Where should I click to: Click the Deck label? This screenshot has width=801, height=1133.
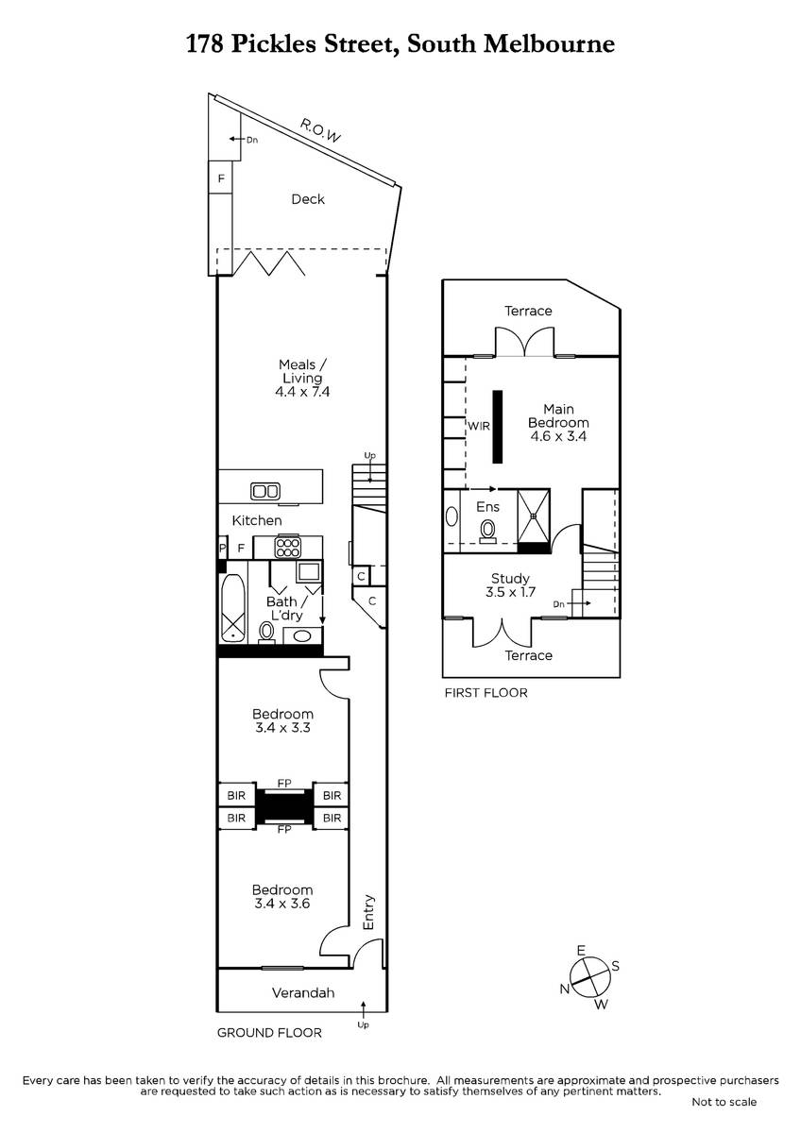tap(308, 199)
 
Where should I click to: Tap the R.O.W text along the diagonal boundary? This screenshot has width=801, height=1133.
tap(320, 131)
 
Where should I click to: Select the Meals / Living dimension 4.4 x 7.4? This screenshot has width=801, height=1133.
tap(302, 392)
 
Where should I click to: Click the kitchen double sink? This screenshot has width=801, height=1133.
tap(265, 491)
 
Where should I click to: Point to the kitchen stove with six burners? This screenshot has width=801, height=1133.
tap(287, 548)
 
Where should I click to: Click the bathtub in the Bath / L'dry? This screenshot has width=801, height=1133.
tap(232, 608)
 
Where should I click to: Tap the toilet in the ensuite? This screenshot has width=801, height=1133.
tap(488, 531)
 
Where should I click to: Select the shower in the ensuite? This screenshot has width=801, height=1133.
tap(534, 516)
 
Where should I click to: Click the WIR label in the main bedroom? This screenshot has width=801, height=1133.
tap(479, 426)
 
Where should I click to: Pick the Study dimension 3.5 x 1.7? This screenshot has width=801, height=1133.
tap(510, 592)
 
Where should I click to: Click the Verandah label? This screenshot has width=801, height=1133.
tap(303, 993)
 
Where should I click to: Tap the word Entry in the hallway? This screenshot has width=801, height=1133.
tap(368, 912)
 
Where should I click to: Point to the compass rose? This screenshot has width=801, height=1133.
tap(590, 977)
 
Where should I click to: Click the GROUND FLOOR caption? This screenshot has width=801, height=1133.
tap(269, 1033)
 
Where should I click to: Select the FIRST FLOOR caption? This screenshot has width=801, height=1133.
tap(486, 693)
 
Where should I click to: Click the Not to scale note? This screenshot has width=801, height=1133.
tap(724, 1102)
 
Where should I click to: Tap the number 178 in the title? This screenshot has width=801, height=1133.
tap(205, 44)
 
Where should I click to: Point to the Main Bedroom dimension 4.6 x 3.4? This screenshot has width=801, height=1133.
tap(558, 436)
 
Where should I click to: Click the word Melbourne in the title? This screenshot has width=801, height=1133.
tap(550, 44)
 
